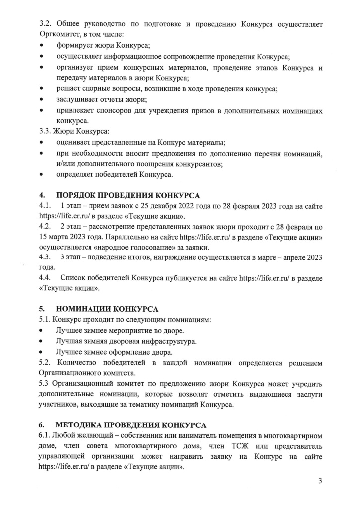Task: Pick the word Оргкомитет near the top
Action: [59, 34]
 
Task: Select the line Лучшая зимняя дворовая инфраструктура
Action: [126, 341]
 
